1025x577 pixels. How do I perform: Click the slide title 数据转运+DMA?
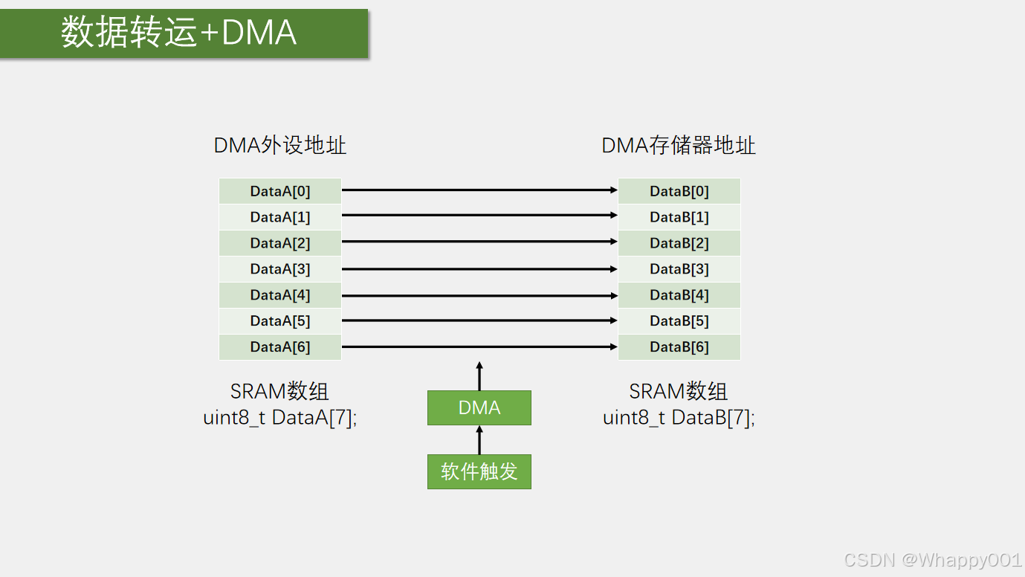point(179,33)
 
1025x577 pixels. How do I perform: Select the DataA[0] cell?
point(280,191)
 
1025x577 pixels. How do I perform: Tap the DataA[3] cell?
point(280,269)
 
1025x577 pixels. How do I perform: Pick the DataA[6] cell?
point(280,347)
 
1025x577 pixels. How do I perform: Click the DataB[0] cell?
point(679,191)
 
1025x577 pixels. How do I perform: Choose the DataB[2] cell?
point(679,243)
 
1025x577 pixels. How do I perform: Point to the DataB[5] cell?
point(679,321)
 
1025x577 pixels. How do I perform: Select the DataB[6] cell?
point(679,347)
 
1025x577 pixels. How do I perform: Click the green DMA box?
point(479,407)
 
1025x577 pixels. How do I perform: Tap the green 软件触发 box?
point(479,471)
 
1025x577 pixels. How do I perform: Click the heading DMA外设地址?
point(280,145)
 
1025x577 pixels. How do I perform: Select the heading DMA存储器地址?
point(679,145)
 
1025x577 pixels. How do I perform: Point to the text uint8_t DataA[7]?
point(280,417)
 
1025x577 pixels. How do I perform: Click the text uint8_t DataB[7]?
point(679,417)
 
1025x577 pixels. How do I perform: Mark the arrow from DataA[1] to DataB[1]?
point(479,216)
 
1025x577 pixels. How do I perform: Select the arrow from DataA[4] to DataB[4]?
point(479,295)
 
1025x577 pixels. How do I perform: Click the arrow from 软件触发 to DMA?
point(479,439)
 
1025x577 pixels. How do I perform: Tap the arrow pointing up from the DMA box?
point(479,376)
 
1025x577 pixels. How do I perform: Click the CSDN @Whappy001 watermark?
point(933,560)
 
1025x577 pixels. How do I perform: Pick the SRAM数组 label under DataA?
point(280,391)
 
